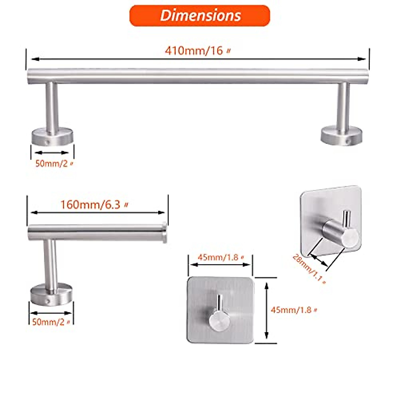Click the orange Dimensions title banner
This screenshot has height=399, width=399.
pos(199,16)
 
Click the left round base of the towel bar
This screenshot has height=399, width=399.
pos(52,138)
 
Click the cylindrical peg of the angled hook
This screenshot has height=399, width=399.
pos(341,233)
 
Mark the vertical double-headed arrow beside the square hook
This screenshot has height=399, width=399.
pos(266,310)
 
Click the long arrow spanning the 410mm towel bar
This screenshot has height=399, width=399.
pos(198,59)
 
